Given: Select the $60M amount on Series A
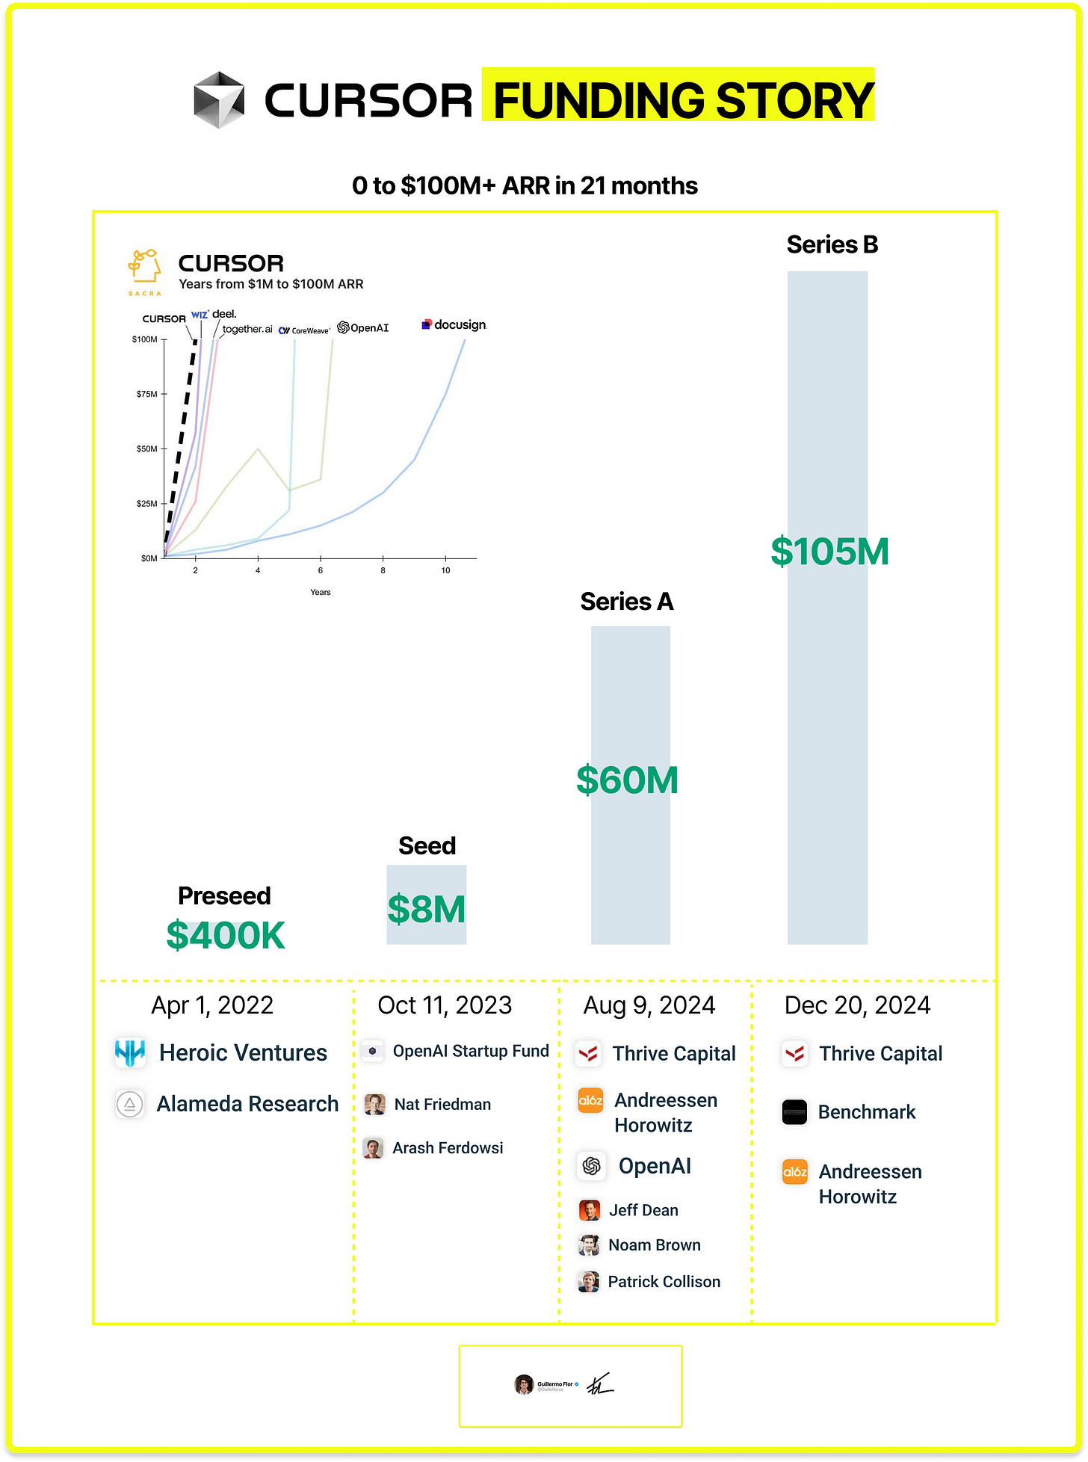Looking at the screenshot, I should click(628, 780).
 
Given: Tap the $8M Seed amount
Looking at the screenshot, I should click(427, 909).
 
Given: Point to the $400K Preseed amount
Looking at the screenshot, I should click(226, 935).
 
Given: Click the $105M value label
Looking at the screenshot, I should click(829, 552).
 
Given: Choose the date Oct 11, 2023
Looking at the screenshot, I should click(445, 1005).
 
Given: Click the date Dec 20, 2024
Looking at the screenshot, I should click(857, 1005).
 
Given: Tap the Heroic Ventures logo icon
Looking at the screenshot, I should click(130, 1052).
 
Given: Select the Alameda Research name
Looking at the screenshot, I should click(247, 1104).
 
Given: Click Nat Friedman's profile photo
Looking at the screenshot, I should click(374, 1104).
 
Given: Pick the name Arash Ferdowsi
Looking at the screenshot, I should click(448, 1148).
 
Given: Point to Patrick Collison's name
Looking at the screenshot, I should click(664, 1282).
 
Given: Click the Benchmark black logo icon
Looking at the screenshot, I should click(794, 1112).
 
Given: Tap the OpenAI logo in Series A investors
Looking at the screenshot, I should click(591, 1166).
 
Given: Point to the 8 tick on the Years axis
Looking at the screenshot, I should click(383, 570).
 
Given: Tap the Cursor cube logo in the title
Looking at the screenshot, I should click(219, 99).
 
